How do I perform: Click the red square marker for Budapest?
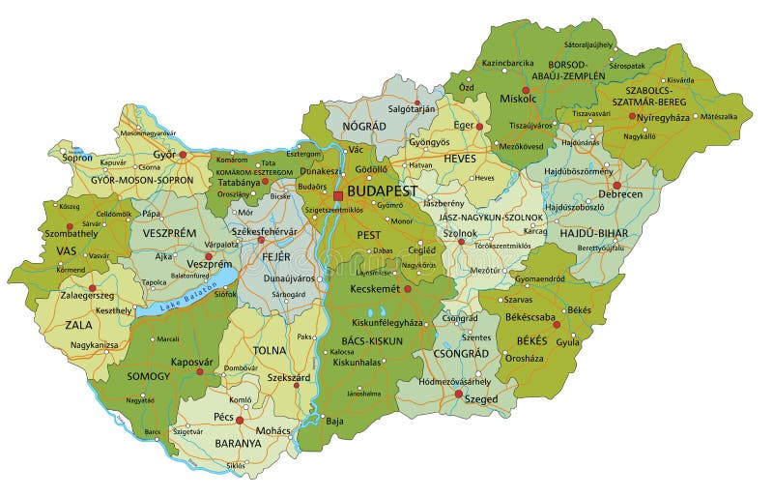point(337,195)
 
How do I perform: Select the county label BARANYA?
point(238,443)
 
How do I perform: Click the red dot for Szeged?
point(458,393)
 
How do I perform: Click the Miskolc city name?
point(518,100)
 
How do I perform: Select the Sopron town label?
point(78,157)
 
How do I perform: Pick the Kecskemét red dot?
point(407,288)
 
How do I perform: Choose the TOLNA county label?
point(270,350)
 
